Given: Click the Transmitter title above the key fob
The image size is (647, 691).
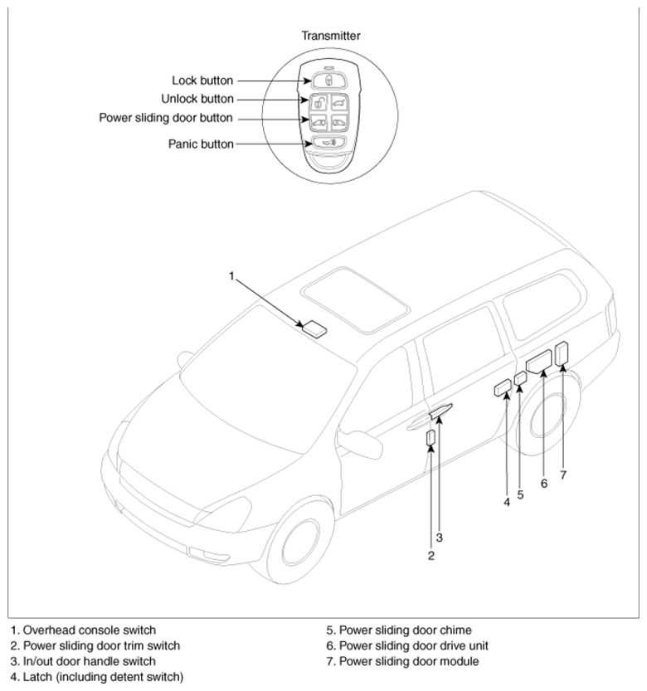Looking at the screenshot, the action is [x=331, y=36].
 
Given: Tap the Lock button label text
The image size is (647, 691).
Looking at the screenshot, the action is [x=202, y=80].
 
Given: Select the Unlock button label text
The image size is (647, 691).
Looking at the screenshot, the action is [x=197, y=99].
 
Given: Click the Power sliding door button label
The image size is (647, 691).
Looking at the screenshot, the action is [x=166, y=118].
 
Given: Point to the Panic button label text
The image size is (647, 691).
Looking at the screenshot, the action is [x=201, y=144].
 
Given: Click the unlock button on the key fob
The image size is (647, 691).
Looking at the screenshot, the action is [x=318, y=103].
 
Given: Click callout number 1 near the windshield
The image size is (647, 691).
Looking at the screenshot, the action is [x=231, y=276].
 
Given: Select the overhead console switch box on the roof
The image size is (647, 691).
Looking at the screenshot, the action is [x=314, y=328].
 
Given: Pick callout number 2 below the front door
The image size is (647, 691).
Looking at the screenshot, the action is [x=431, y=556].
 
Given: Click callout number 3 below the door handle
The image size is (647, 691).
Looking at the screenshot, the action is [x=439, y=538].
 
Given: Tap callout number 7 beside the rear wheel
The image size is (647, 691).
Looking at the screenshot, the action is [x=563, y=474].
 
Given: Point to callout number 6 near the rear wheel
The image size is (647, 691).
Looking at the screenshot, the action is [x=544, y=484].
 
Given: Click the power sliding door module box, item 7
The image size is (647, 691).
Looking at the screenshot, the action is [x=562, y=353].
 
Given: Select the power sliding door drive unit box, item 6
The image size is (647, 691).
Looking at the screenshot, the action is [x=539, y=363].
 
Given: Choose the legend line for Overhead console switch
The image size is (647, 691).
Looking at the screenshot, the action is [x=83, y=630].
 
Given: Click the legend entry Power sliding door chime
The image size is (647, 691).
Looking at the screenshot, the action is [x=399, y=630].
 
